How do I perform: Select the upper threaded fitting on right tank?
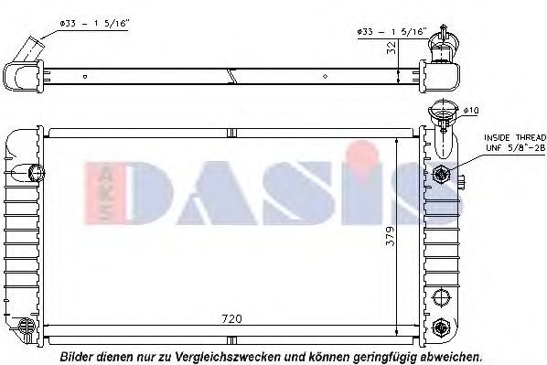(442, 174)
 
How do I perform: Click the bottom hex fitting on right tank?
(442, 325)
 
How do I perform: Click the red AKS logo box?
(101, 193)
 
